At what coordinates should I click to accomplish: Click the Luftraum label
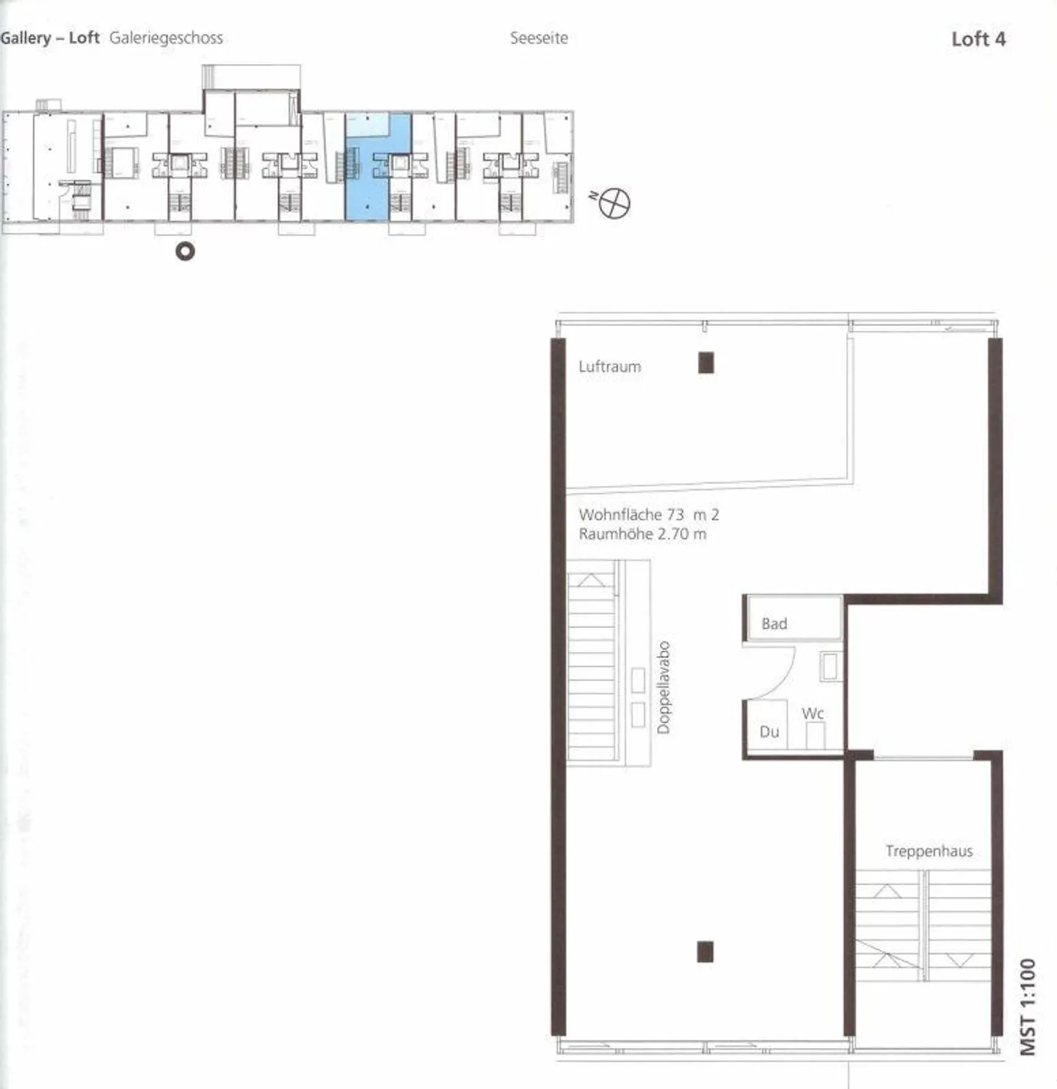pos(609,366)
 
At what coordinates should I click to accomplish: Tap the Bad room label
pos(774,623)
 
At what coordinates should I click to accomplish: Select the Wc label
pos(813,713)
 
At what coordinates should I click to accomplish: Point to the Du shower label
pos(769,731)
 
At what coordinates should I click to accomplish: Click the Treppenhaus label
pos(929,851)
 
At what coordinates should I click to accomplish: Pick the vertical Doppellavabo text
pos(664,687)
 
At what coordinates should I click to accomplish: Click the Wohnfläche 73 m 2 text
pos(648,515)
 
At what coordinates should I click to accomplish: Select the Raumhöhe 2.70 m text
pos(642,534)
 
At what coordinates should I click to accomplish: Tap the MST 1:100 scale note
pos(1029,1005)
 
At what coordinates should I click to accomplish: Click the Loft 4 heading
pos(978,39)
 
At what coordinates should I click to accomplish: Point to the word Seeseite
pos(539,38)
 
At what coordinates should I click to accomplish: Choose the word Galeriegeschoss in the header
pos(166,38)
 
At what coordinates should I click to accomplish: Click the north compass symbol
pos(614,203)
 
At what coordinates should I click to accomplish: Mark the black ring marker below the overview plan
pos(185,252)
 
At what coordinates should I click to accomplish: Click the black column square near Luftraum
pos(706,363)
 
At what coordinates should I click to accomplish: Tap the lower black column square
pos(705,952)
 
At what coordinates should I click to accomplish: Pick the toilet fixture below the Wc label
pos(815,735)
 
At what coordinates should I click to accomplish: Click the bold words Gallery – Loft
pos(50,38)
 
